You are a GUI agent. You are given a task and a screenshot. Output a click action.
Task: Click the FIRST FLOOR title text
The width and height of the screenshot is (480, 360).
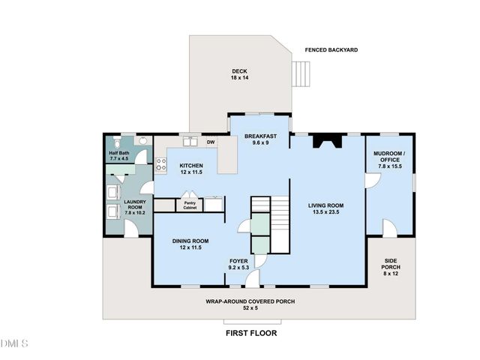tap(251, 332)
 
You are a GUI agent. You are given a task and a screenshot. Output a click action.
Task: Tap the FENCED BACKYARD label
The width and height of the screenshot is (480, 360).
tap(331, 50)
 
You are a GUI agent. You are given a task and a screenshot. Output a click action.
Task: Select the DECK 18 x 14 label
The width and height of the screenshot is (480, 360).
tap(239, 74)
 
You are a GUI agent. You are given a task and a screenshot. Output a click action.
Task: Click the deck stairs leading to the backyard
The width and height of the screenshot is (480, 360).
tap(301, 73)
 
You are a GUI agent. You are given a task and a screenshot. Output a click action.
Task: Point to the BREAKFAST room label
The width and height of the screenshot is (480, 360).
tap(259, 139)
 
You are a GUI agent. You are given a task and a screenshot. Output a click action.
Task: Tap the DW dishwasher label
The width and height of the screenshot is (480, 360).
tap(211, 142)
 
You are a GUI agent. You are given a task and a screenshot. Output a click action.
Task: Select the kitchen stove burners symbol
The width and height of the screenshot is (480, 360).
tap(160, 165)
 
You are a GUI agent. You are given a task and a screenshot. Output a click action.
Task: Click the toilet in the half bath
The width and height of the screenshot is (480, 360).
tap(118, 143)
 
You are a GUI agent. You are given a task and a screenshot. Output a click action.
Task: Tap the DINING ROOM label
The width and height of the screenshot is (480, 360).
tap(190, 244)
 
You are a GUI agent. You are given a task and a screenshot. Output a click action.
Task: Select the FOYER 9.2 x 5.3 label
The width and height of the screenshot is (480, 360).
tap(243, 263)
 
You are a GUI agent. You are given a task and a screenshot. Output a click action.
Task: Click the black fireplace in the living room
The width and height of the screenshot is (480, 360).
tap(326, 140)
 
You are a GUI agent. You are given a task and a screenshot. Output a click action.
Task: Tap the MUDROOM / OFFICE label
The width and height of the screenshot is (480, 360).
tap(388, 159)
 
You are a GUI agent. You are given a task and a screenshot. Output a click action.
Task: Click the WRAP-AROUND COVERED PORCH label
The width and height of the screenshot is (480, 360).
tap(250, 304)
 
